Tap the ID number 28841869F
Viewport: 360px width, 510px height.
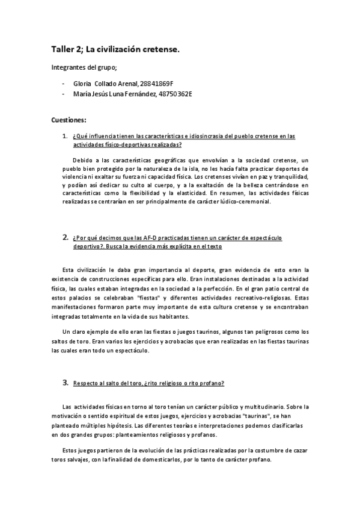(x=160, y=84)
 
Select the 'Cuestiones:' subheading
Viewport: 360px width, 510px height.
(x=69, y=120)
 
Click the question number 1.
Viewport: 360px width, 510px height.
(x=64, y=137)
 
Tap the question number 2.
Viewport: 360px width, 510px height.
(x=65, y=238)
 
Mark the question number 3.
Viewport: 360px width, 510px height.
(x=65, y=382)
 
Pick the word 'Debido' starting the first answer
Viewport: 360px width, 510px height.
(x=83, y=161)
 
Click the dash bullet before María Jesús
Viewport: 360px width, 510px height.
(x=64, y=94)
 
